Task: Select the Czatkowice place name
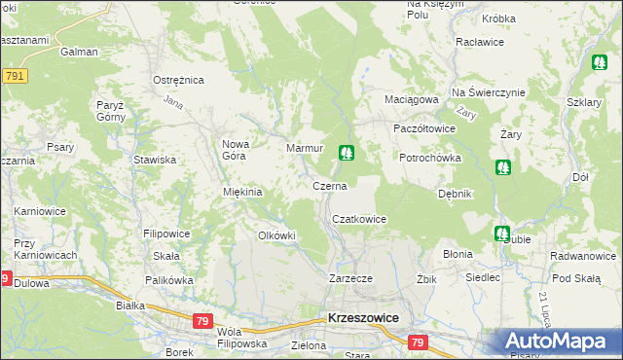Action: coord(359,220)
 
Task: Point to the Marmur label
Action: coord(304,148)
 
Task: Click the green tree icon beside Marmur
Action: coord(346,153)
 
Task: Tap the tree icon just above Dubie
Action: coord(501,234)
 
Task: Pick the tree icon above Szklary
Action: coord(600,63)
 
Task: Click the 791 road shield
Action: coord(14,76)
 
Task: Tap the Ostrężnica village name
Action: coord(176,80)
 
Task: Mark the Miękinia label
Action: coord(242,192)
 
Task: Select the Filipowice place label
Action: coord(166,234)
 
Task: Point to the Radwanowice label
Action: coord(582,257)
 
